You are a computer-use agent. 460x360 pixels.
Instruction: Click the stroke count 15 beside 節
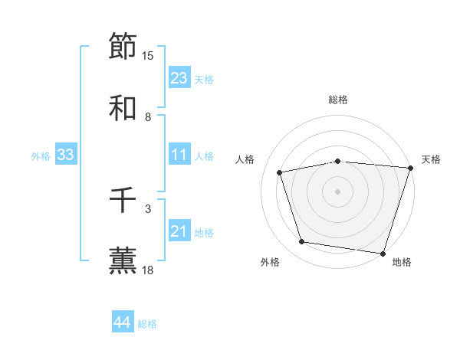[x=148, y=55]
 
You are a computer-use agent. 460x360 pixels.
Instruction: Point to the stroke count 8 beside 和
[x=148, y=116]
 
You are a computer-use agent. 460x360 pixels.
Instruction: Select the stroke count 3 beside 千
[x=148, y=208]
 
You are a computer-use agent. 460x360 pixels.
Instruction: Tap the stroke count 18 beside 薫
[x=148, y=270]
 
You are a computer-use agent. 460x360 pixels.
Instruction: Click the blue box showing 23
[x=179, y=78]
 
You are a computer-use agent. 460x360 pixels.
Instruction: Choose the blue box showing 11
[x=179, y=155]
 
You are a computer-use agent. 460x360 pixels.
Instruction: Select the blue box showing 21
[x=179, y=231]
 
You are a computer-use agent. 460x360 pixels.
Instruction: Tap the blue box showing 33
[x=65, y=155]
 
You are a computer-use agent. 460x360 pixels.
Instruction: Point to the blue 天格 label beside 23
[x=204, y=80]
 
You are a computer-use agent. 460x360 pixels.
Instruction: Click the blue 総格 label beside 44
[x=147, y=325]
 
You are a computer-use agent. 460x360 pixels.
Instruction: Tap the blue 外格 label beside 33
[x=41, y=156]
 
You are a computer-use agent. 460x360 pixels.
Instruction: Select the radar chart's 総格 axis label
[x=338, y=100]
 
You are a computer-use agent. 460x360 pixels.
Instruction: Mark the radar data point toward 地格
[x=383, y=253]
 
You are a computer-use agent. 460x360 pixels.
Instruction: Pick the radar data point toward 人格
[x=280, y=172]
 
